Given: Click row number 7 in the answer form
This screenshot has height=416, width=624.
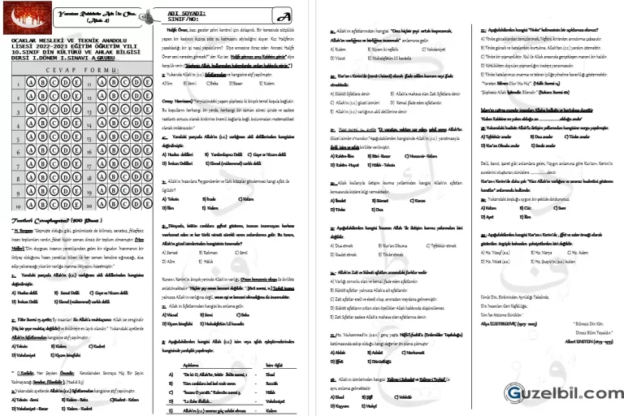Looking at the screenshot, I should [15, 165].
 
